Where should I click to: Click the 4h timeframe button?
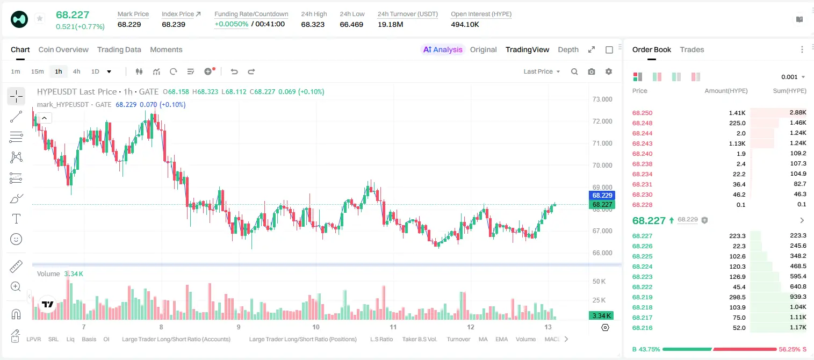76,71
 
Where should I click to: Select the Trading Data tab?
119,49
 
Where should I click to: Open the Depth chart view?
568,49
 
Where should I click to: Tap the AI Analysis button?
443,49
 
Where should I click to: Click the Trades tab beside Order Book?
692,49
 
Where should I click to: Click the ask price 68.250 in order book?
642,113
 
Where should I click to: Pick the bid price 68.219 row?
642,297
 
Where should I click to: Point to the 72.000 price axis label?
602,121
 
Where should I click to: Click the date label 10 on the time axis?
316,327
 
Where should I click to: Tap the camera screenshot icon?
592,71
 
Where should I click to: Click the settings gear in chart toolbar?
609,71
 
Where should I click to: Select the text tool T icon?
16,219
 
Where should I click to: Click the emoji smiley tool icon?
16,239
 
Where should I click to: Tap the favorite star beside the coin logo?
40,18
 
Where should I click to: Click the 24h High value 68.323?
313,24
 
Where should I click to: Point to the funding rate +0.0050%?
232,24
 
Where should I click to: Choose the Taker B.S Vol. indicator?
419,339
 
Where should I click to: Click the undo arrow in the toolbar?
234,71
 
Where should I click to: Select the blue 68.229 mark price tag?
602,196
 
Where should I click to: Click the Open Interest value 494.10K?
465,24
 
